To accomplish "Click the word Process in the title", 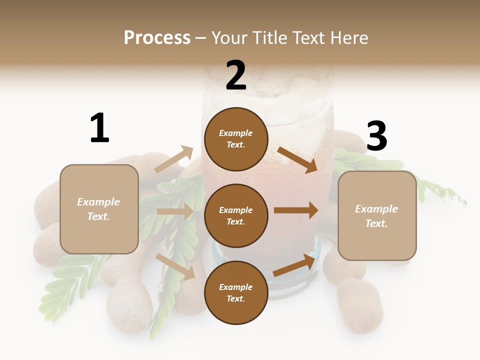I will (x=157, y=38).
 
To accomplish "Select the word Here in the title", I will (x=347, y=38).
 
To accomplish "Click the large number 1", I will (x=99, y=128).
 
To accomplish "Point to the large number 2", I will (x=236, y=75).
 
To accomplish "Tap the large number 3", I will (x=376, y=136).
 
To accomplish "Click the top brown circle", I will (x=236, y=139).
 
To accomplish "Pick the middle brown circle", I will (x=236, y=215).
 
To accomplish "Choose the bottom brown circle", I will (x=236, y=292).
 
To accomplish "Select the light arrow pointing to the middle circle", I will (x=174, y=211).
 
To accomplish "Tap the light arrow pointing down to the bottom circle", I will (x=175, y=266).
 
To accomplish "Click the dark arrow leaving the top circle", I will (x=297, y=159).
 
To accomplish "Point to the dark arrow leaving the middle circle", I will (x=295, y=210).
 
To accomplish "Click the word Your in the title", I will (x=228, y=38).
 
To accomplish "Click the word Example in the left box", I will (x=98, y=202).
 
